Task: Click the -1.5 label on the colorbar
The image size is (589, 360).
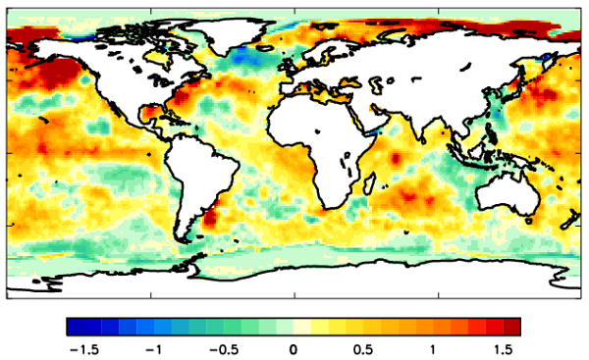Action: (77, 349)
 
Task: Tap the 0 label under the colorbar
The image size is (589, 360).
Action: (293, 349)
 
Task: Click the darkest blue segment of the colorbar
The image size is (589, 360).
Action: (75, 327)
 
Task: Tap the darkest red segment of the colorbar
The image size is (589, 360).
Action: (512, 327)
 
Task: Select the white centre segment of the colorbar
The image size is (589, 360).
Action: (293, 327)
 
